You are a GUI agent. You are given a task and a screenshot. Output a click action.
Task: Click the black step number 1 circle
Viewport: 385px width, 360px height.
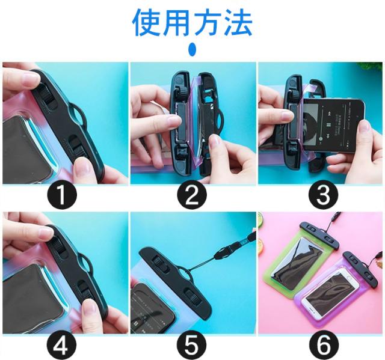tap(62, 195)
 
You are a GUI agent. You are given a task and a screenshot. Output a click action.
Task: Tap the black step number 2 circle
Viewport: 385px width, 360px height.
tap(192, 195)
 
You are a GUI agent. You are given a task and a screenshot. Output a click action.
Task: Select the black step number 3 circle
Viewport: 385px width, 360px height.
tap(324, 195)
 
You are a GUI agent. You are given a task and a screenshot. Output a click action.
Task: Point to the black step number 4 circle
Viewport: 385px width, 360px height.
tap(61, 345)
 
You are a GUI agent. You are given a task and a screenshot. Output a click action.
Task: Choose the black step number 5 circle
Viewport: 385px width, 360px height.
tap(191, 345)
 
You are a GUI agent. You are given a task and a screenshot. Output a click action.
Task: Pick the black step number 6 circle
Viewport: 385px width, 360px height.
tap(324, 345)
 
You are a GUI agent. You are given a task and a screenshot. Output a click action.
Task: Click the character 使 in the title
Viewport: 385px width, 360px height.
tap(147, 23)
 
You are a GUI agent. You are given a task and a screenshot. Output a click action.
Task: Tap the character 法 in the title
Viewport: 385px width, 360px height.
tap(238, 23)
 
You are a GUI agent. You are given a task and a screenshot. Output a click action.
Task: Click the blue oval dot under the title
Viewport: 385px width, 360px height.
tap(192, 49)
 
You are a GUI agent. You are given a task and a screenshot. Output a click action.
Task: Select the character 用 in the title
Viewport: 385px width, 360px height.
tap(177, 23)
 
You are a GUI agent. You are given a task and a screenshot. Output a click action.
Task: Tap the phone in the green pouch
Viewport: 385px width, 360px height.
tap(297, 264)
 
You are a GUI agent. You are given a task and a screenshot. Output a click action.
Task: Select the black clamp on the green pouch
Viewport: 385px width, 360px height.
tap(319, 234)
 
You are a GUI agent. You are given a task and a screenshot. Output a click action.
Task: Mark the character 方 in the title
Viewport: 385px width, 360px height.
tap(208, 23)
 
